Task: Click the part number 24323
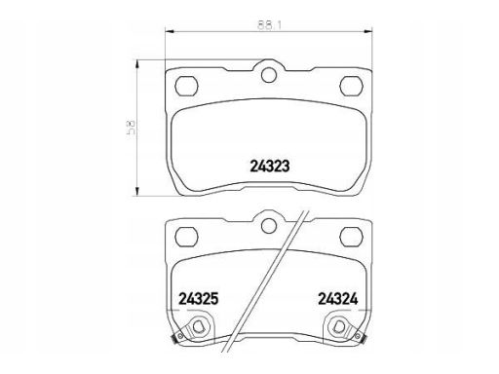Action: (x=269, y=167)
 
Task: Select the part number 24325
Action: (x=199, y=299)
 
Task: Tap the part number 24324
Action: (x=338, y=299)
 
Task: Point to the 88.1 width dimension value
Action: (x=269, y=25)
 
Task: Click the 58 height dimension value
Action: (x=132, y=127)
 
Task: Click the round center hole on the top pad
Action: (x=269, y=75)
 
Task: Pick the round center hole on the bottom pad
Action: (x=269, y=225)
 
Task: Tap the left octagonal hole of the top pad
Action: (x=186, y=86)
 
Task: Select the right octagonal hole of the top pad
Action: (x=351, y=86)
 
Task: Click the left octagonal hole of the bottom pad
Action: (x=186, y=236)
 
